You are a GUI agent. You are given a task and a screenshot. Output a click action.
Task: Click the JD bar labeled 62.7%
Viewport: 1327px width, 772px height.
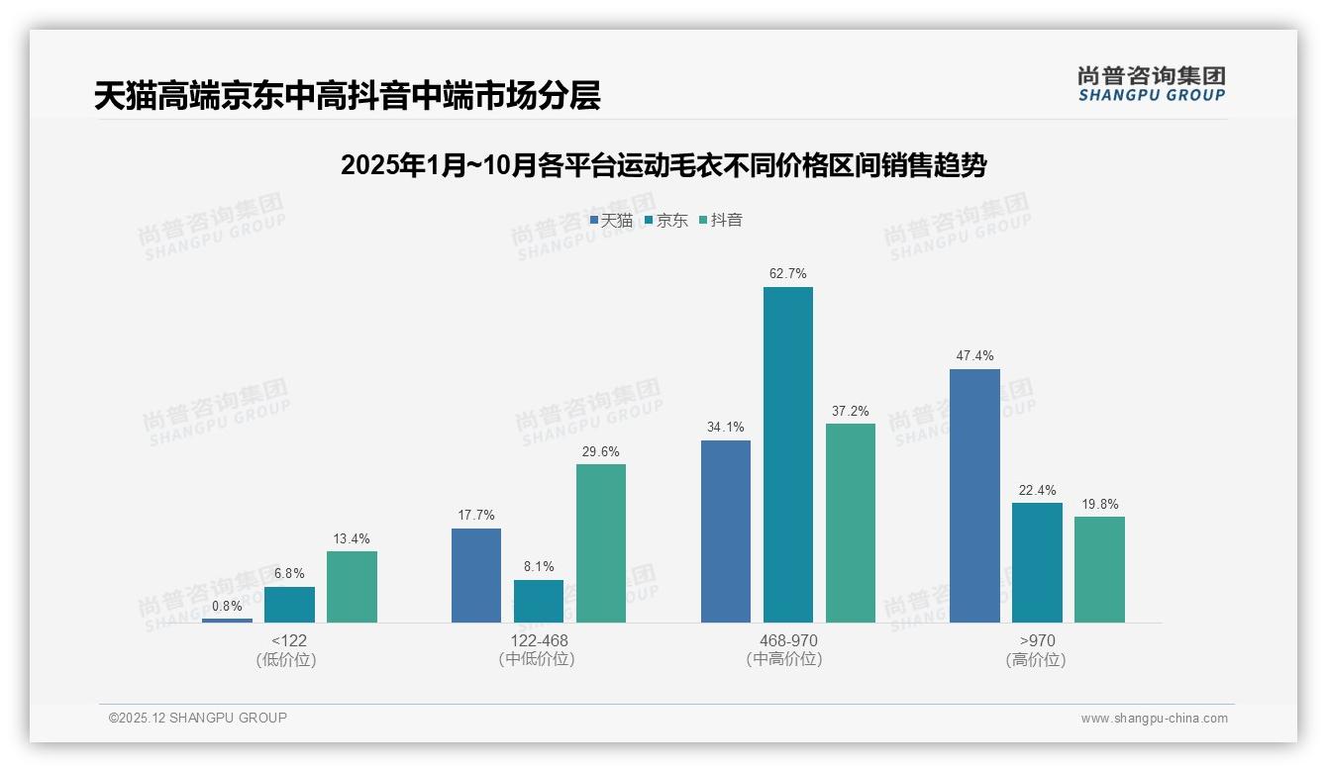tap(787, 454)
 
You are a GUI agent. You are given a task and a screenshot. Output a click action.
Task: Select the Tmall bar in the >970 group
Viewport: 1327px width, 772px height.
tap(974, 495)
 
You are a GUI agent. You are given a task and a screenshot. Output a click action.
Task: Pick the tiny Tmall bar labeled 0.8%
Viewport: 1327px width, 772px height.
tap(227, 620)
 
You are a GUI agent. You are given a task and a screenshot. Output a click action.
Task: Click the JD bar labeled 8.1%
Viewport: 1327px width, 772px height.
tap(539, 601)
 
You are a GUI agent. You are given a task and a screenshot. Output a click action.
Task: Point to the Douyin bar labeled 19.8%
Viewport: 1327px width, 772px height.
tap(1099, 569)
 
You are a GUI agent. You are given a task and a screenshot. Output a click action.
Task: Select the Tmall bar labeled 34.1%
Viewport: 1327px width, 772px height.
tap(725, 531)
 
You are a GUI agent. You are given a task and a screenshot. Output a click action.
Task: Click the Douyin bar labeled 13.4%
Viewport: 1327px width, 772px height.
tap(352, 586)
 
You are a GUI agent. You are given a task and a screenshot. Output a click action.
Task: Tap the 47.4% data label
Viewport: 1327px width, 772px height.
tap(974, 356)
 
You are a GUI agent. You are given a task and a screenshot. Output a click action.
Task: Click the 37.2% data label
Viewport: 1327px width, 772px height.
tap(850, 411)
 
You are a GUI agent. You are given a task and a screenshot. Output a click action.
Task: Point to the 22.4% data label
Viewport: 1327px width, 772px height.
tap(1037, 490)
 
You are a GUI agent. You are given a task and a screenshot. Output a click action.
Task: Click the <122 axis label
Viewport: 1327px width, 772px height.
tap(288, 640)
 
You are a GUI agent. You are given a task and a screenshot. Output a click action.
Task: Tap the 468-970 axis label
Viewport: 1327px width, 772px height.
tap(787, 640)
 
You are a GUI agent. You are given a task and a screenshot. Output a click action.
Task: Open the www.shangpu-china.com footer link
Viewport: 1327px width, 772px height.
tap(1154, 719)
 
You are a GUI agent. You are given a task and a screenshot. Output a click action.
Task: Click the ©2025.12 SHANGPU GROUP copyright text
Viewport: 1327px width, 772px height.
tap(198, 718)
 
